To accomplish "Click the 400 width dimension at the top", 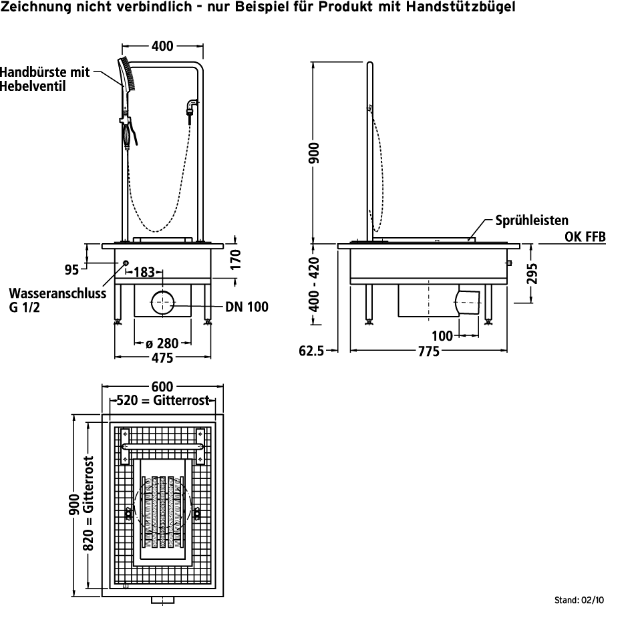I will click(x=162, y=46).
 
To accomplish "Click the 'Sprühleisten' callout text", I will click(x=531, y=220).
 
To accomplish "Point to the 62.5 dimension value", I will click(x=311, y=350).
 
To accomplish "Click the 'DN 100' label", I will click(x=247, y=307).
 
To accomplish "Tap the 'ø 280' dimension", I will click(x=162, y=343).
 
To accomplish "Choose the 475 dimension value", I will click(x=162, y=357).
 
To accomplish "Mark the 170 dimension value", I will click(x=235, y=257).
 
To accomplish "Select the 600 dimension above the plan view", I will click(x=162, y=387).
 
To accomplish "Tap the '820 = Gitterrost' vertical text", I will click(x=88, y=504).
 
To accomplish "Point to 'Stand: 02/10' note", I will click(x=579, y=600).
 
